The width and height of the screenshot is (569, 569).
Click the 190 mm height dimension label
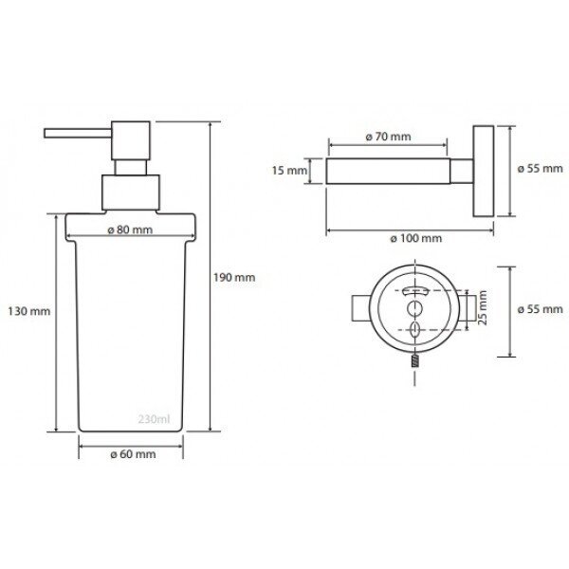[x=234, y=278]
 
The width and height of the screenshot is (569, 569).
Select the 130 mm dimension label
[x=29, y=311]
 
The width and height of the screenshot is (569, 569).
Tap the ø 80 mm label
[x=130, y=229]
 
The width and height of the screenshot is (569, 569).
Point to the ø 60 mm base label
[x=133, y=454]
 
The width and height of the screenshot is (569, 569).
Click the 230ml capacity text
[x=154, y=419]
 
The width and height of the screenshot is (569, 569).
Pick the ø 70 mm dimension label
[x=388, y=137]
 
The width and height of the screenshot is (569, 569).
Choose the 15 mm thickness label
[x=289, y=170]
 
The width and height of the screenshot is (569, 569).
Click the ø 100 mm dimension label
[x=416, y=238]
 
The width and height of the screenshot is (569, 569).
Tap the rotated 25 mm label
[x=483, y=307]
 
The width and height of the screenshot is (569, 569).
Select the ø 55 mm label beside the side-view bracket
[x=540, y=169]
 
